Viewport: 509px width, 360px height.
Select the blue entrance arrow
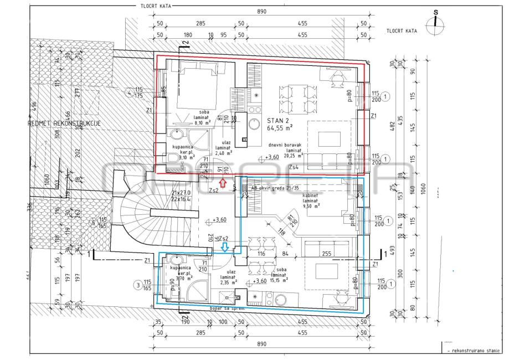(x=225, y=247)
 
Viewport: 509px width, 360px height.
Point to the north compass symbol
(x=436, y=22)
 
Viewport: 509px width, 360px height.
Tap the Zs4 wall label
(x=296, y=166)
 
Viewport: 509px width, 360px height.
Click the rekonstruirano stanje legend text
(x=476, y=351)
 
